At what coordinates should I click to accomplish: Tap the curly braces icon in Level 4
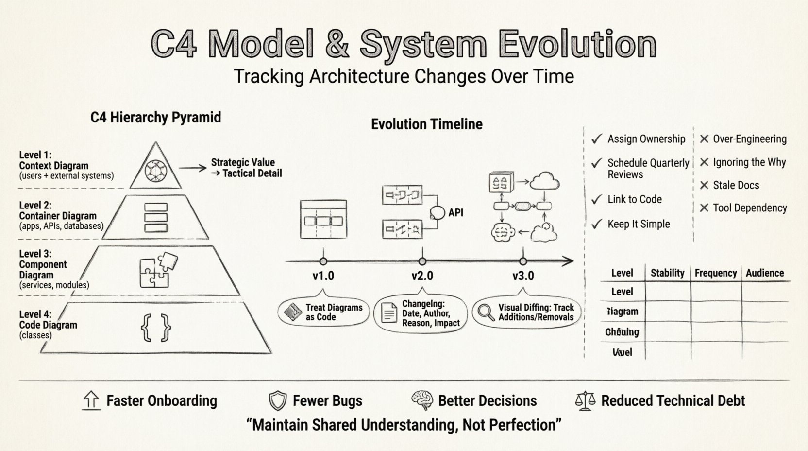point(156,327)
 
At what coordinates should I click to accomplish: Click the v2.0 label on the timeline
point(422,276)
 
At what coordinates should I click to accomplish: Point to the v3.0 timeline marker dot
point(523,261)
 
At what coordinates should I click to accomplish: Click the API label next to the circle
point(455,212)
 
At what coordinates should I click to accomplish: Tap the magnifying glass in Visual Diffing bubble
point(485,312)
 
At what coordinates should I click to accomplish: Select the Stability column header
point(667,273)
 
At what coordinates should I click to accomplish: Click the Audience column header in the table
point(764,273)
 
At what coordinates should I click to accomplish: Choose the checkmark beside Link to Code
point(597,200)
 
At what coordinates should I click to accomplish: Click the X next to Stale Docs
point(704,185)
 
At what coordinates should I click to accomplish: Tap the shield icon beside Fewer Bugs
point(277,401)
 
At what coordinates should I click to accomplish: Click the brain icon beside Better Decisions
point(422,400)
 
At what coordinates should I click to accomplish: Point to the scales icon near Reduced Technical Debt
point(585,401)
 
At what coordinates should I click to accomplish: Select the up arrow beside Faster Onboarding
point(91,400)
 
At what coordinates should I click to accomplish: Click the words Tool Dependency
point(749,208)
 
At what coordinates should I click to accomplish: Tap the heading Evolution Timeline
point(426,124)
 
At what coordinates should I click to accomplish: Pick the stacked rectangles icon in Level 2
point(156,217)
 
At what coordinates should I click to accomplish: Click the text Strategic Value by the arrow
point(243,162)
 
